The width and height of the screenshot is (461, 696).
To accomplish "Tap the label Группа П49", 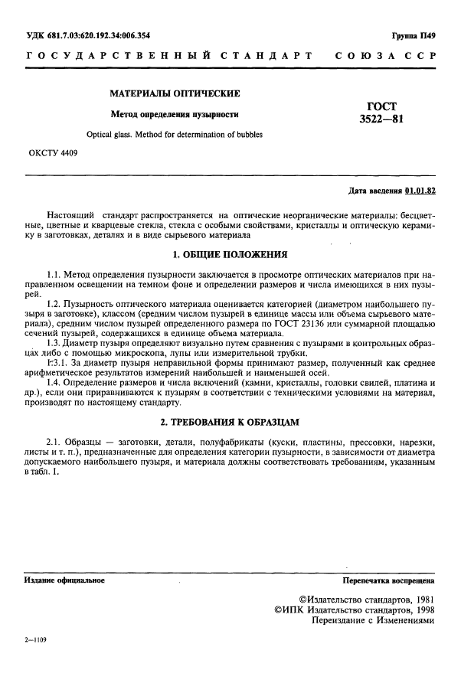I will point(414,36).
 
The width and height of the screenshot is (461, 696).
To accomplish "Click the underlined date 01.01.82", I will point(420,190).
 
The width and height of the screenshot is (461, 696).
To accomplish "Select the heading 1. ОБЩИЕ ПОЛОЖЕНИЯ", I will point(230,253).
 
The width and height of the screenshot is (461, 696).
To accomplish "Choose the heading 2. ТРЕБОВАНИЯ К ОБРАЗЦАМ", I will point(230,422).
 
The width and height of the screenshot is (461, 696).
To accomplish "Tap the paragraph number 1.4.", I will point(54,382).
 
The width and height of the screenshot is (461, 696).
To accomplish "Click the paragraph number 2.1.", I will point(54,442).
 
